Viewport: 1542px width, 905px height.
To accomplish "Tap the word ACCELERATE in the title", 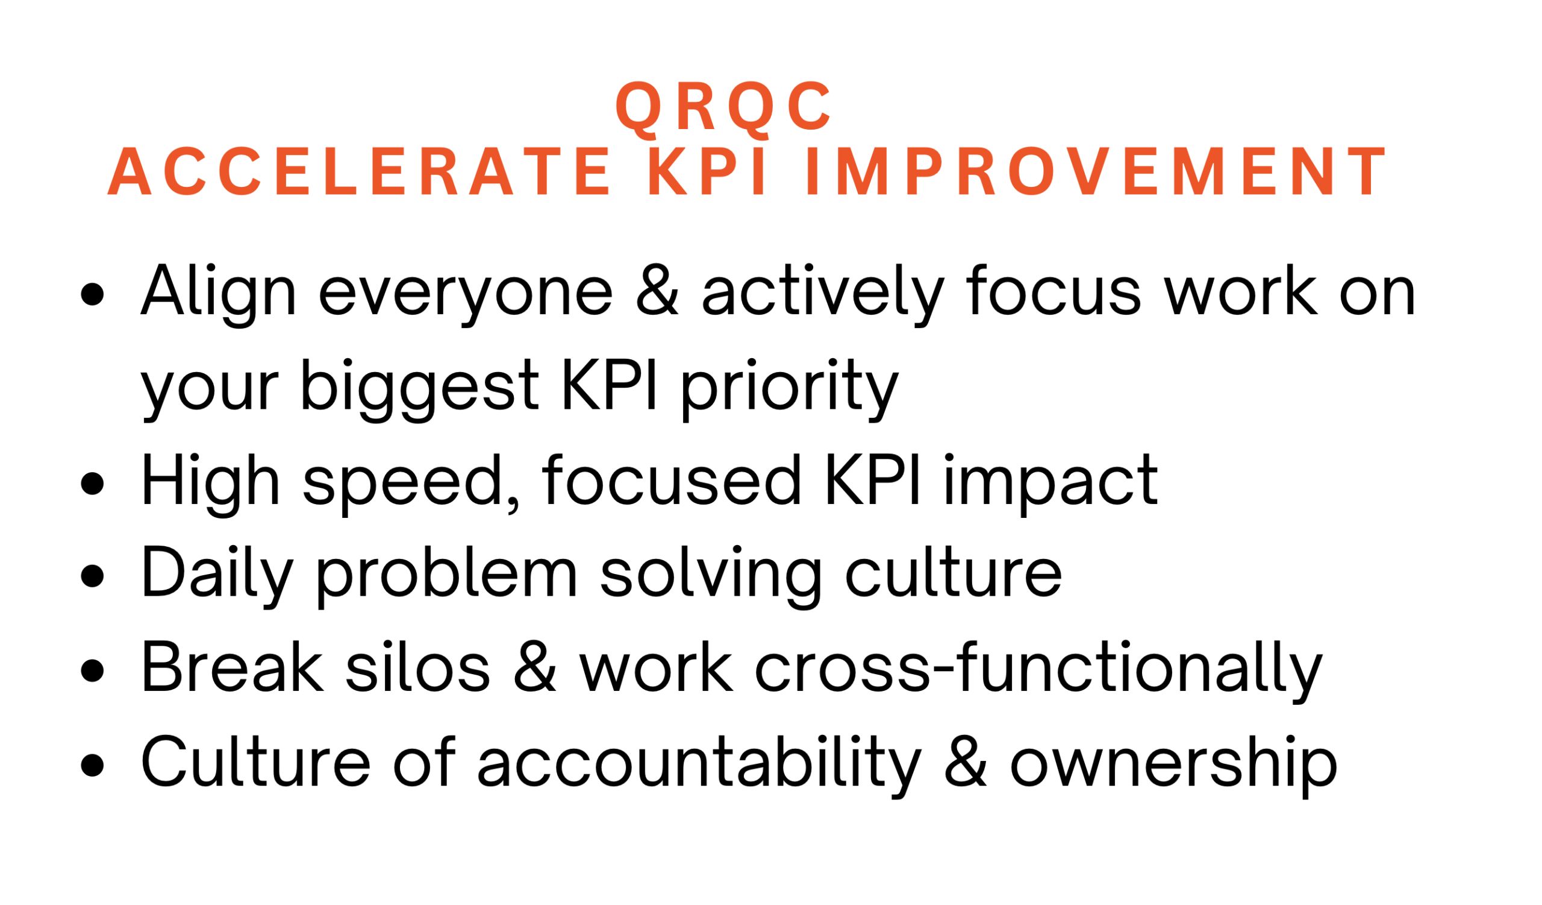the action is click(359, 171).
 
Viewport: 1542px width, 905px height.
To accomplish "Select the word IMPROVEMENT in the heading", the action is click(1096, 171).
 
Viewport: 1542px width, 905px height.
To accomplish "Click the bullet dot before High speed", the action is click(92, 483).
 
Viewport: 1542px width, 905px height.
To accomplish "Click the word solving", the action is click(711, 579).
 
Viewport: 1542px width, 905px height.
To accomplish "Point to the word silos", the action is click(418, 668).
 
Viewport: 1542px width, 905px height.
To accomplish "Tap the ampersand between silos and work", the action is click(535, 668).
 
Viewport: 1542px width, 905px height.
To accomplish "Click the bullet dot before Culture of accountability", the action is click(92, 766).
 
